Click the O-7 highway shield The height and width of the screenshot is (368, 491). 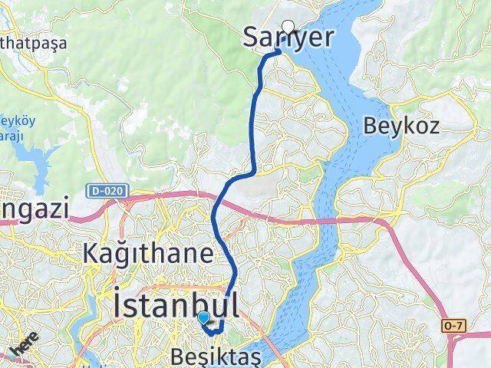(x=453, y=326)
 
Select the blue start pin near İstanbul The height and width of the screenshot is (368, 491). (x=203, y=317)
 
